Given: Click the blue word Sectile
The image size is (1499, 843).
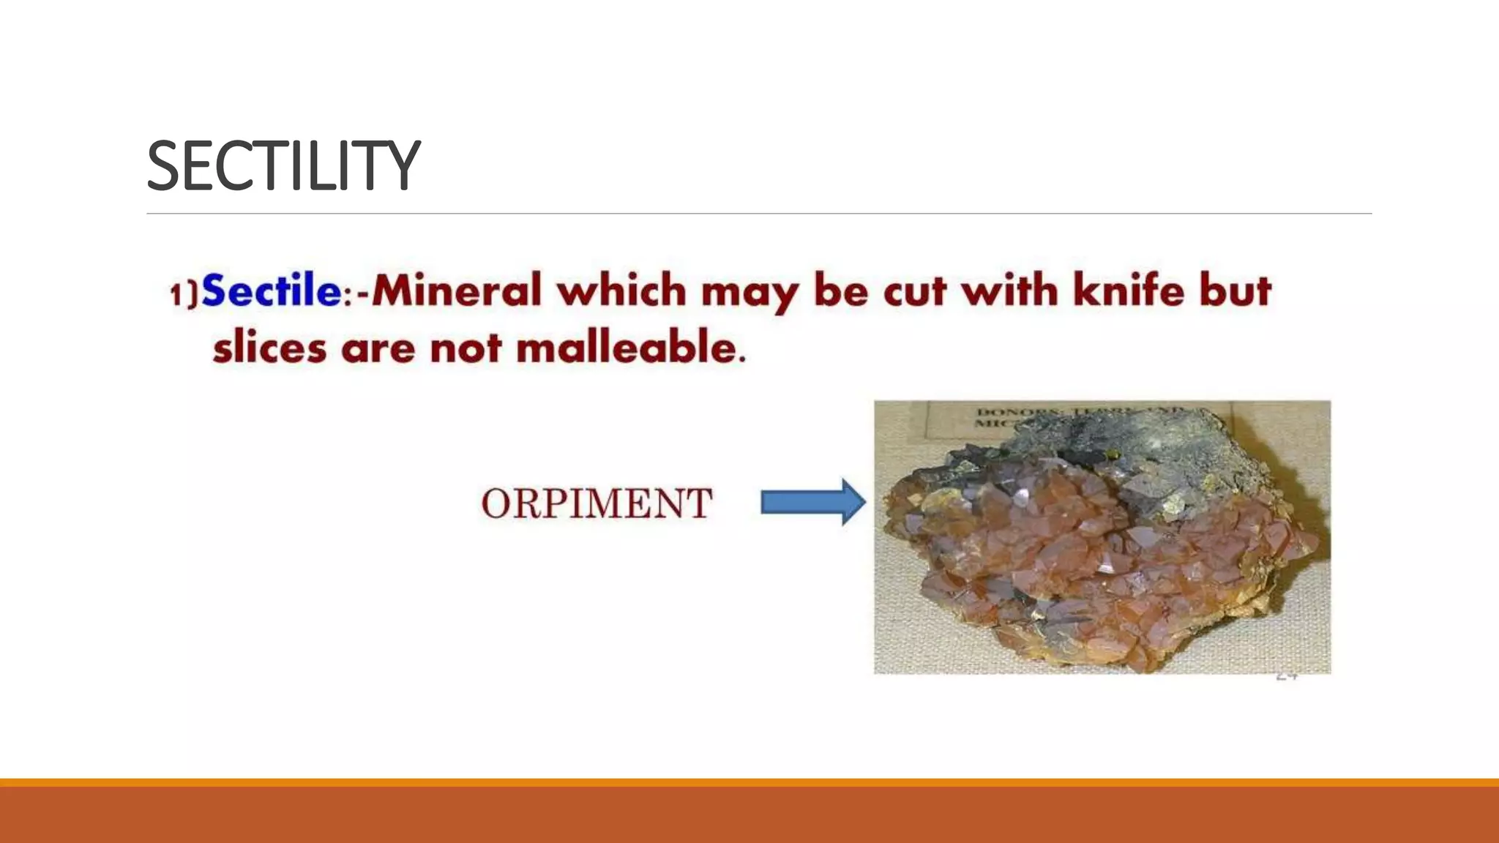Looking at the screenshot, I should pyautogui.click(x=272, y=291).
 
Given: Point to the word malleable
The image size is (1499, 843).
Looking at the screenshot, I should pyautogui.click(x=631, y=348).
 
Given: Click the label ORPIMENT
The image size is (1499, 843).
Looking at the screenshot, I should pyautogui.click(x=597, y=503).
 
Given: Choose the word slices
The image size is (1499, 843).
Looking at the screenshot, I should pyautogui.click(x=269, y=348).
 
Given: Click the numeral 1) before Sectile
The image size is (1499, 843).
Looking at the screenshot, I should pyautogui.click(x=183, y=293).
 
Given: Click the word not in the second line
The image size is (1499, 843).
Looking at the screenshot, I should pyautogui.click(x=466, y=349).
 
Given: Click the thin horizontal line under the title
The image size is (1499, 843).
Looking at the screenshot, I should pyautogui.click(x=759, y=214).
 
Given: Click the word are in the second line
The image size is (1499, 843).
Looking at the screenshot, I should pyautogui.click(x=378, y=349).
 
